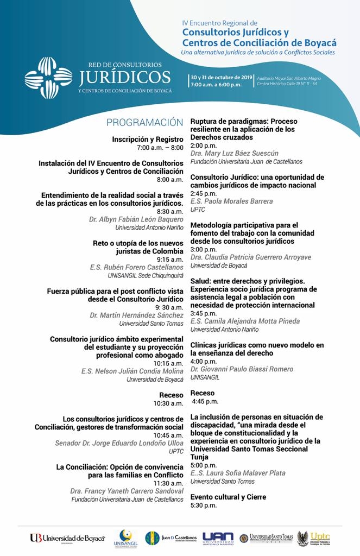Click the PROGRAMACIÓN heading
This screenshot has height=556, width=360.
pyautogui.click(x=145, y=122)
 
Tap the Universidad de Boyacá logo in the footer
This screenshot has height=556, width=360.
pyautogui.click(x=67, y=538)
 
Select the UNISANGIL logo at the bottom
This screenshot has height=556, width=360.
pyautogui.click(x=126, y=538)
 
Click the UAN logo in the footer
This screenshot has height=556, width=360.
pyautogui.click(x=218, y=538)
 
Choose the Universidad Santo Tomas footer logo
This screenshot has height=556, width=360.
pyautogui.click(x=267, y=538)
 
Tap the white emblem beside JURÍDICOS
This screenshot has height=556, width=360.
pyautogui.click(x=48, y=78)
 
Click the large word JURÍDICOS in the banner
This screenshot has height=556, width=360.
pyautogui.click(x=124, y=77)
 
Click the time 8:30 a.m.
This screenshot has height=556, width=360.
pyautogui.click(x=170, y=211)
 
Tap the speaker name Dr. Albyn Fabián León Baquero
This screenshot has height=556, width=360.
pyautogui.click(x=136, y=219)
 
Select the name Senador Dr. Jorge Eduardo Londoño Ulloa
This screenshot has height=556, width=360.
pyautogui.click(x=119, y=443)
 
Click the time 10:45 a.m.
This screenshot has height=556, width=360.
pyautogui.click(x=168, y=435)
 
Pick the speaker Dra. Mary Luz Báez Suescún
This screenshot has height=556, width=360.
pyautogui.click(x=235, y=154)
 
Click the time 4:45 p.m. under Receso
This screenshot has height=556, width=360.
pyautogui.click(x=205, y=401)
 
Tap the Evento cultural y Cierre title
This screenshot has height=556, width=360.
pyautogui.click(x=228, y=497)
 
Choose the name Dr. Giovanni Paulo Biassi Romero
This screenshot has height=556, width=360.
pyautogui.click(x=242, y=369)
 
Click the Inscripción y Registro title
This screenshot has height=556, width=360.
pyautogui.click(x=148, y=140)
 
